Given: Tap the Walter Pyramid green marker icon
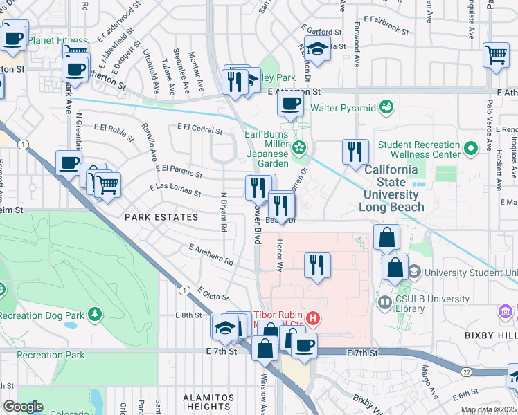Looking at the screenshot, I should point(386,107).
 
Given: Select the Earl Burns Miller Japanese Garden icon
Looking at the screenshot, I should point(298,147).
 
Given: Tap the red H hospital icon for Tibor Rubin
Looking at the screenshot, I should point(313,318).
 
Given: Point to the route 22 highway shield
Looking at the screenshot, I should point(468,372).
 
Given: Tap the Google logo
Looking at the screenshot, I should point(23,407).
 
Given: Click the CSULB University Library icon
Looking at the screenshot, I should point(385,302).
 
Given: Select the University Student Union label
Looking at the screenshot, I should point(471,273).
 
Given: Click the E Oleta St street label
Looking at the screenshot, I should point(213,294).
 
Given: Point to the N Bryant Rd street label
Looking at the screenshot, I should point(223,212).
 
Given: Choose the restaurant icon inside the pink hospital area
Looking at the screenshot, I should point(317,264).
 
